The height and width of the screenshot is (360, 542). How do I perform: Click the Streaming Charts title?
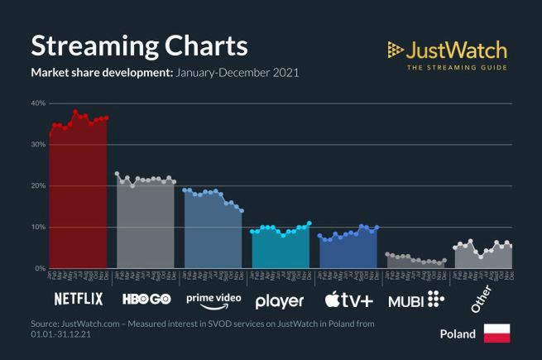[x=139, y=45]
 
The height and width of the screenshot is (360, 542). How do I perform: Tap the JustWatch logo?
[x=447, y=49]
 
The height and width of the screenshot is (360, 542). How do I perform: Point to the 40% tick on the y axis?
[x=37, y=103]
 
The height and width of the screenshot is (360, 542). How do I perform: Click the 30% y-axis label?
[x=37, y=145]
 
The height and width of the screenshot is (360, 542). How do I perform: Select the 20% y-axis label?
[x=37, y=186]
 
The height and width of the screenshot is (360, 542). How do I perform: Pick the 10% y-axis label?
[x=37, y=228]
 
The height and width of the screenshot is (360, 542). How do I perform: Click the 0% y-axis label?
[x=39, y=269]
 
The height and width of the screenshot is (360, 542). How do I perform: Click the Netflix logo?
[x=79, y=299]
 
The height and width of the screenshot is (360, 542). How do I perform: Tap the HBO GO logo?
[x=146, y=299]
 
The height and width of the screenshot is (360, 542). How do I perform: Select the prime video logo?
[x=213, y=299]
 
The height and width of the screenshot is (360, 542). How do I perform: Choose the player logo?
[x=280, y=300]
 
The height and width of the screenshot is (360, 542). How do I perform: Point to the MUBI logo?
[x=416, y=299]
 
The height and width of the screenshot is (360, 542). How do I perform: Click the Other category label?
[x=481, y=299]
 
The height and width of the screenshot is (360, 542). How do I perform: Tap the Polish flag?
[x=496, y=334]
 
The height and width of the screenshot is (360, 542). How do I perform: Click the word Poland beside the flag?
[x=458, y=334]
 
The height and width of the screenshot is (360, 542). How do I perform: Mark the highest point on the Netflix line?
[x=75, y=112]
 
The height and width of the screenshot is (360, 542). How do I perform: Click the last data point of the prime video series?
[x=242, y=211]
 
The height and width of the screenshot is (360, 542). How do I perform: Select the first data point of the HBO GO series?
[x=117, y=174]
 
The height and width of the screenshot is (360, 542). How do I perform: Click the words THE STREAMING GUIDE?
[x=457, y=66]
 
